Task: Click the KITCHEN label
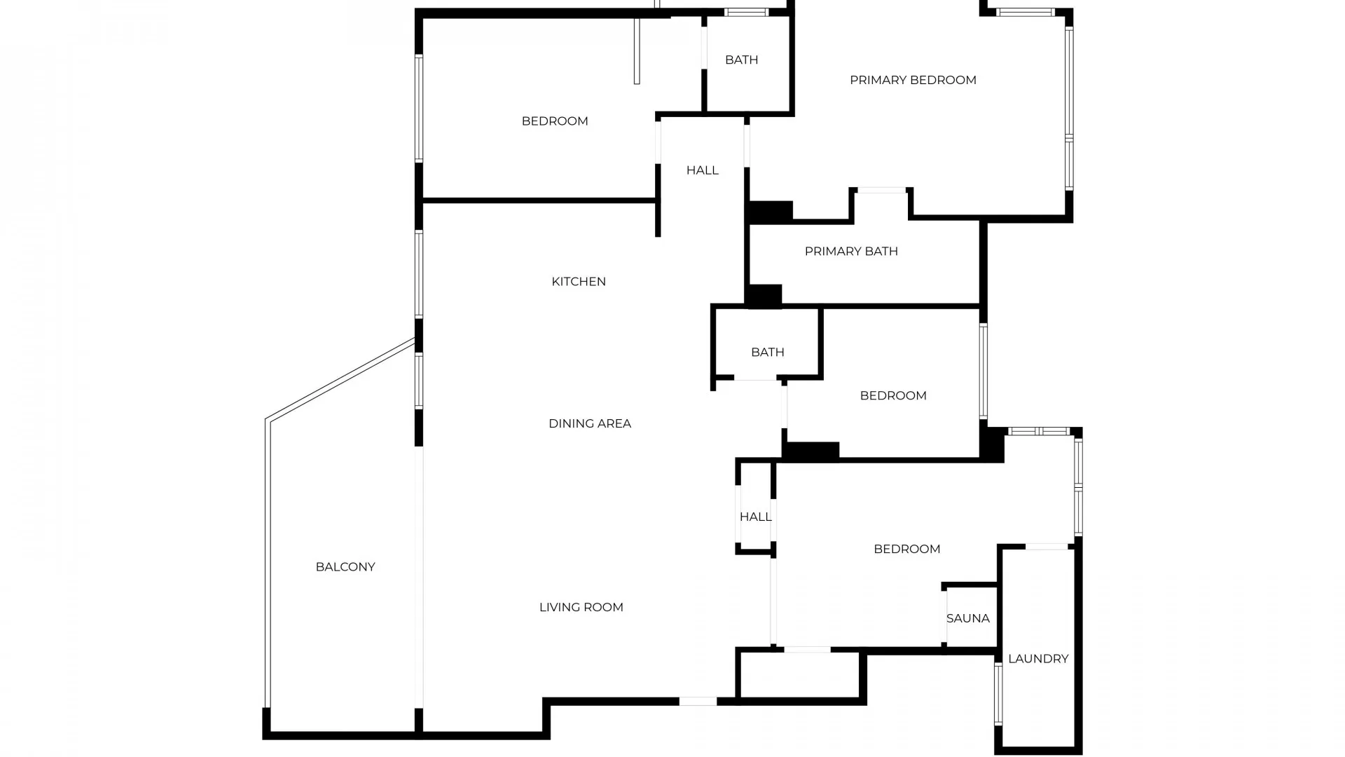(x=578, y=282)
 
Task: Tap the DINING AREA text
(x=589, y=423)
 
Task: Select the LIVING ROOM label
(x=581, y=607)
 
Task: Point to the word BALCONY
(x=345, y=566)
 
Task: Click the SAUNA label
(x=967, y=618)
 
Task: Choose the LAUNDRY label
(x=1037, y=658)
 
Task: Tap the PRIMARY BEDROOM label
(x=912, y=80)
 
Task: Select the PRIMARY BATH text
(x=850, y=251)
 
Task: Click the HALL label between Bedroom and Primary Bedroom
(x=702, y=170)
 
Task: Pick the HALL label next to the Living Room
(x=755, y=517)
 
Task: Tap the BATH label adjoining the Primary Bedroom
(x=741, y=60)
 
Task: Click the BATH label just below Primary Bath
(x=767, y=352)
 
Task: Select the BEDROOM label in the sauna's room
(x=906, y=549)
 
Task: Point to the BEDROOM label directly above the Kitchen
(x=554, y=121)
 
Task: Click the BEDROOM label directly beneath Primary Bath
(x=892, y=395)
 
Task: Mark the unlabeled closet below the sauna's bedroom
(x=799, y=675)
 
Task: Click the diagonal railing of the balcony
(x=341, y=379)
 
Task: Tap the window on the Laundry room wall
(x=998, y=694)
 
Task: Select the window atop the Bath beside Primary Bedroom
(x=745, y=12)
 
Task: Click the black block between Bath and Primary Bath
(x=764, y=296)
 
